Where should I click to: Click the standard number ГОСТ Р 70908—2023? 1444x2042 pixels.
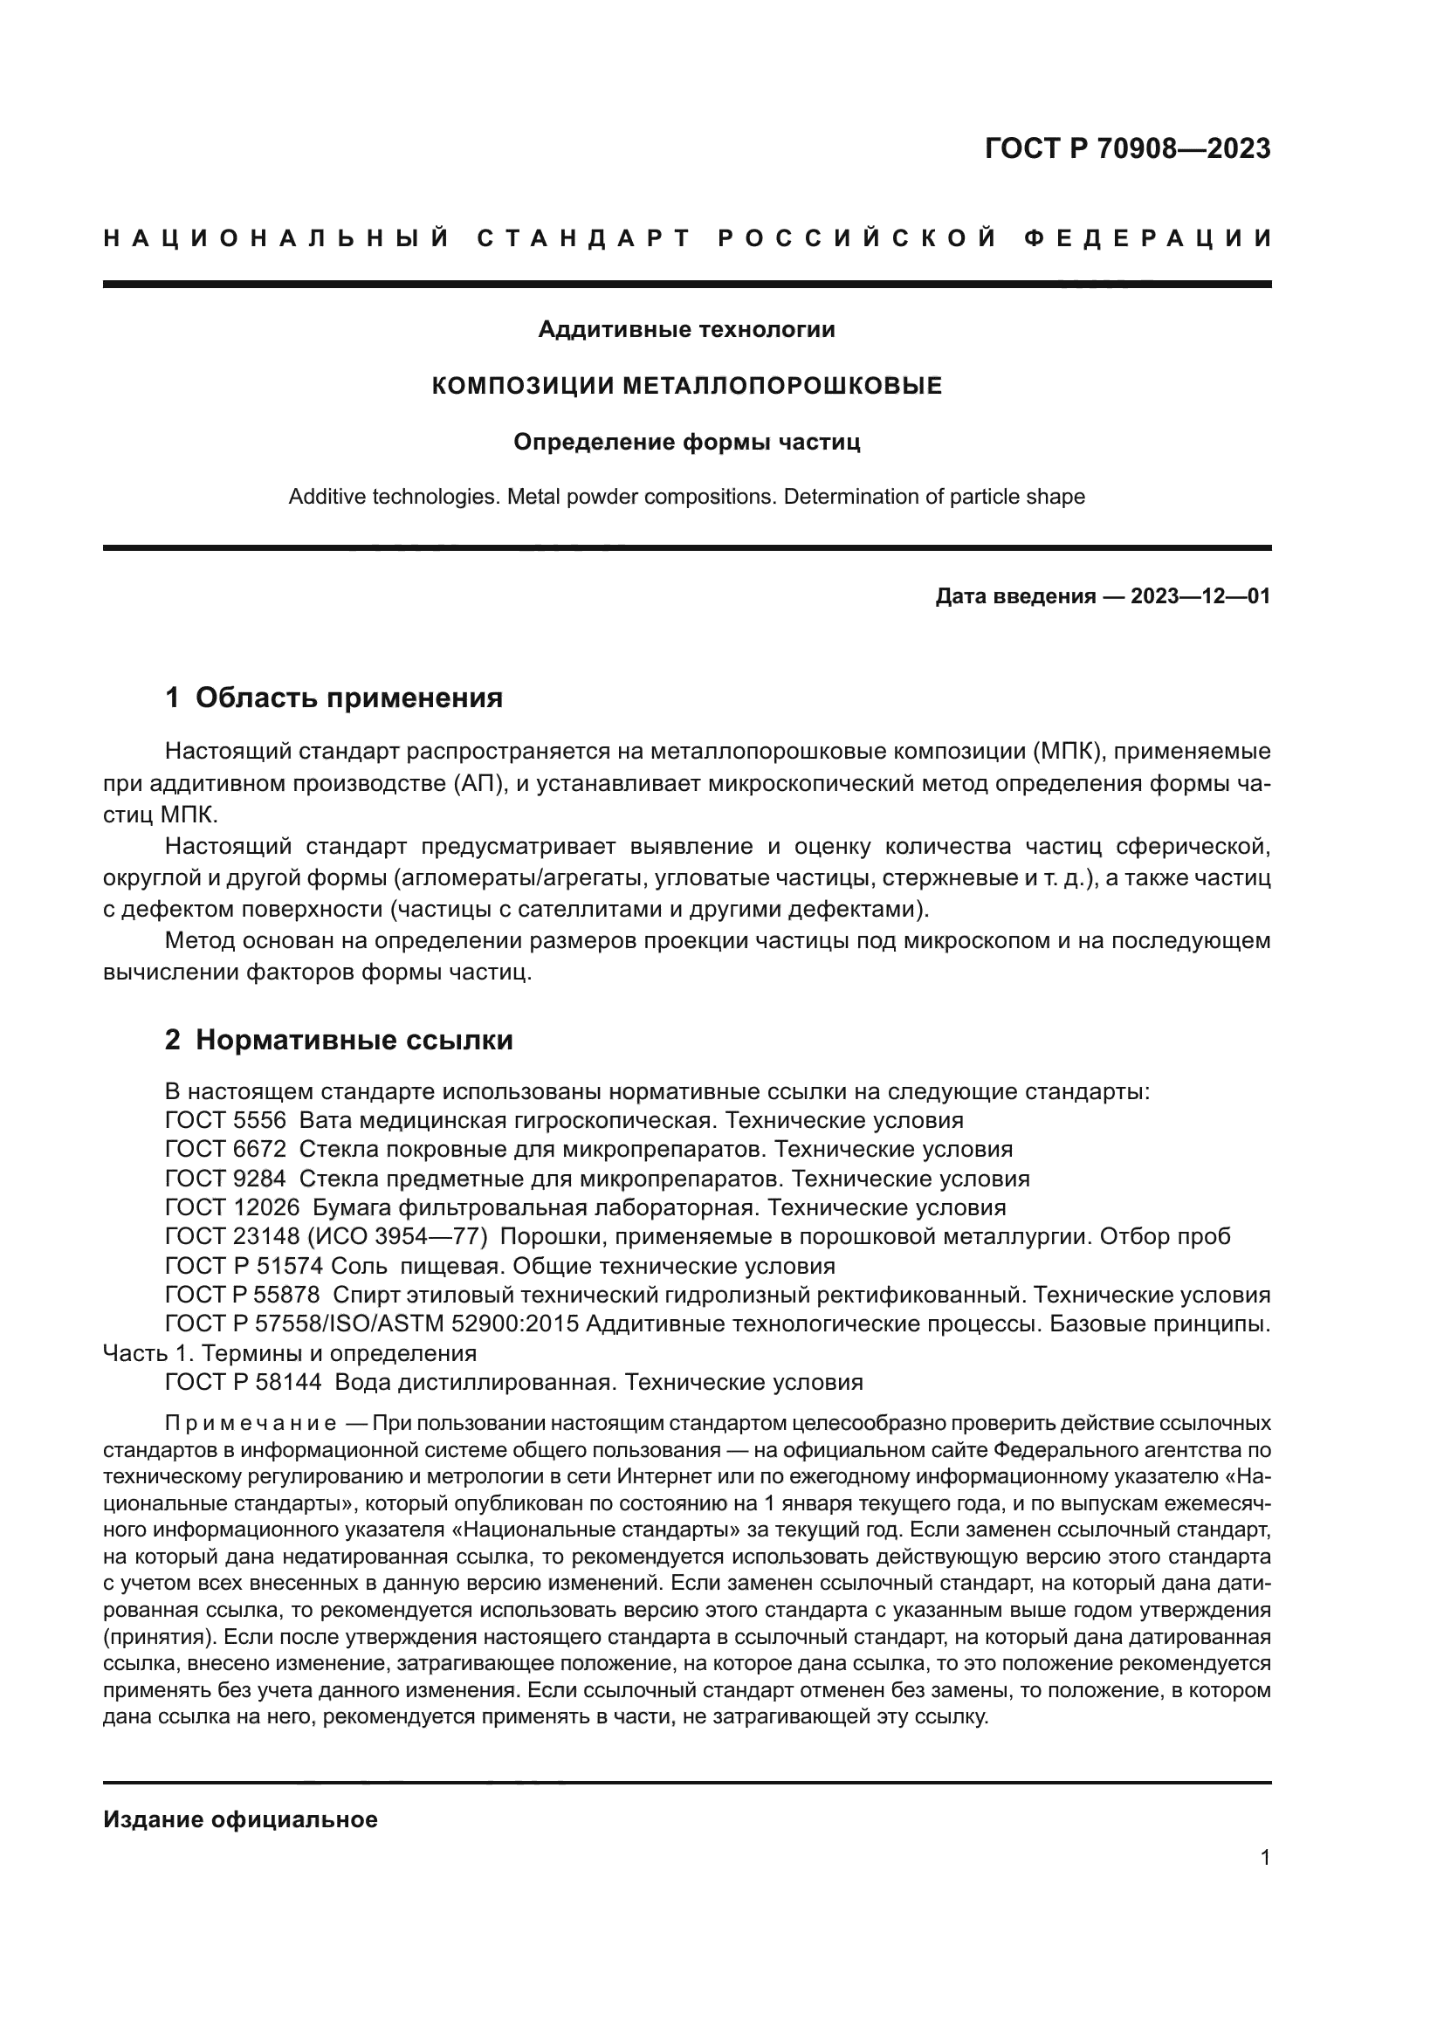[x=1126, y=148]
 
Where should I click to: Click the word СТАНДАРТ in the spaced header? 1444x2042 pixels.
[x=584, y=238]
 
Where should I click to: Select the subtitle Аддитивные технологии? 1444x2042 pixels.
[x=686, y=330]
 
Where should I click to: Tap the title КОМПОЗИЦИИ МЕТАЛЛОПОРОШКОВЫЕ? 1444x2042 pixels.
[x=686, y=386]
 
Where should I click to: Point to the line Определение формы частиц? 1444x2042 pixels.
[x=686, y=442]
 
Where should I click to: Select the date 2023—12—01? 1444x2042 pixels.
[x=1200, y=597]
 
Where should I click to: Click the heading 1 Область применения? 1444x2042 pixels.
[x=333, y=698]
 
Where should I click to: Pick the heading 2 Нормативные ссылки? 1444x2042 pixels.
[x=339, y=1040]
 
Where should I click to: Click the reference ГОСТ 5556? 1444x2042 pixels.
[x=225, y=1121]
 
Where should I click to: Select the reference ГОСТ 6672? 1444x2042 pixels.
[x=225, y=1149]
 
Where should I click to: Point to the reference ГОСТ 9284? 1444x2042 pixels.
[x=225, y=1179]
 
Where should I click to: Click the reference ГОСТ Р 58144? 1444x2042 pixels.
[x=244, y=1382]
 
